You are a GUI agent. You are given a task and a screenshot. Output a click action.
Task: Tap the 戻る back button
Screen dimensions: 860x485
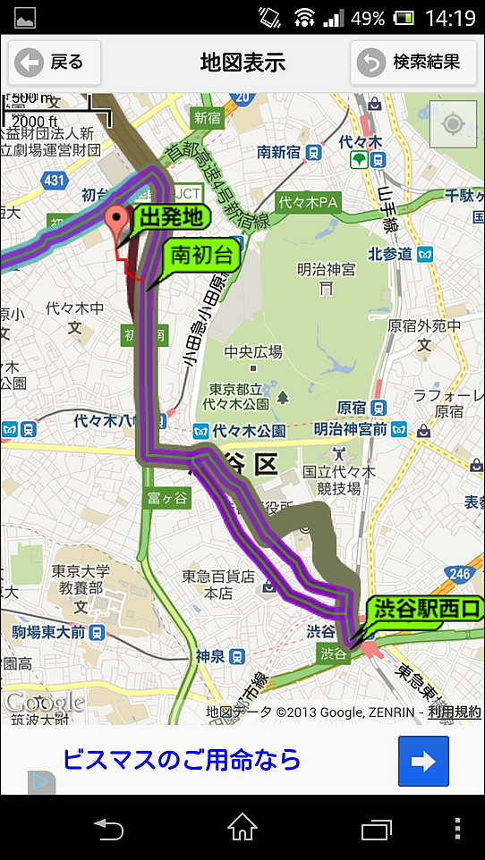[55, 63]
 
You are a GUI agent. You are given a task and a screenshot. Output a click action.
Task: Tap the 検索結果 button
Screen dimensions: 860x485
[413, 63]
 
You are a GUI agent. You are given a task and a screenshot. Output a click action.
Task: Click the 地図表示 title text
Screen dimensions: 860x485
[242, 63]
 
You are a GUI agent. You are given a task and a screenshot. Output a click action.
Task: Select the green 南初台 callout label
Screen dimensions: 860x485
[201, 257]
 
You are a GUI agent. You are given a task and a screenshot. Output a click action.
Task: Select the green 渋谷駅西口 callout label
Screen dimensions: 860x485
[426, 611]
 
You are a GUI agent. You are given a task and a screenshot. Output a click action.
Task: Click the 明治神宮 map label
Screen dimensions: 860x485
[327, 269]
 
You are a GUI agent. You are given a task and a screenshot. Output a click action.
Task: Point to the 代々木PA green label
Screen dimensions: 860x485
[307, 203]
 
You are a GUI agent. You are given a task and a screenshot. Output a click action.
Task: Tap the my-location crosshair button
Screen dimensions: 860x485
[454, 123]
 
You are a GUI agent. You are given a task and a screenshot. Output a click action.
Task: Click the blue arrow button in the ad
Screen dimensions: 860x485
[423, 762]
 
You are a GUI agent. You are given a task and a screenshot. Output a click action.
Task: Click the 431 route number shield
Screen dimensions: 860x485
[55, 181]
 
